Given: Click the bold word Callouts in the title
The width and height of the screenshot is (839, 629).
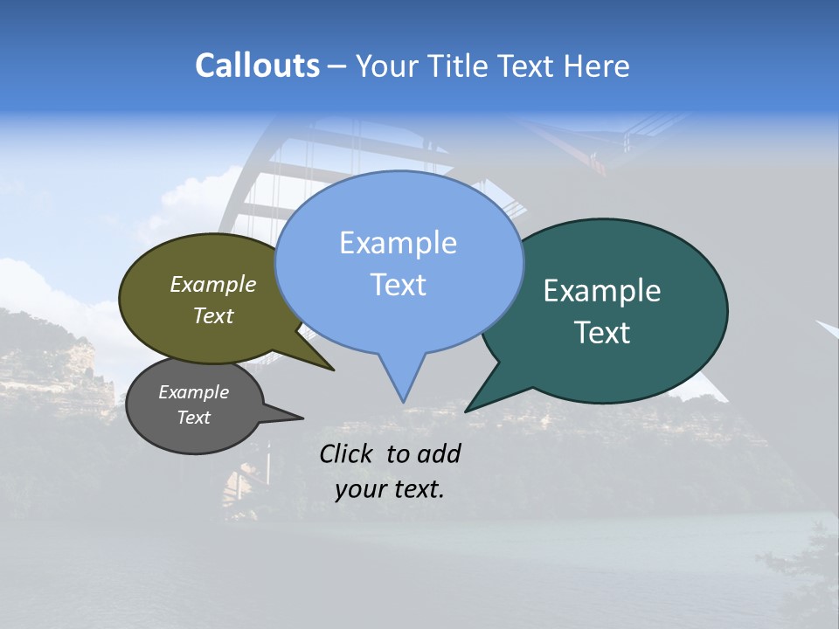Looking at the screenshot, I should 257,66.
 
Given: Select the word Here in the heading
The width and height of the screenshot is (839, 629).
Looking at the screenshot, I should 598,66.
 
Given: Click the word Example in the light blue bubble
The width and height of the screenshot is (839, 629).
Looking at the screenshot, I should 398,243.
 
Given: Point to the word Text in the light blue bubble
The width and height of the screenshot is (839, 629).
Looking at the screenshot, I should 398,285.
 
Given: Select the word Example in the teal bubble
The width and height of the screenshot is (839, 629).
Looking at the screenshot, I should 601,291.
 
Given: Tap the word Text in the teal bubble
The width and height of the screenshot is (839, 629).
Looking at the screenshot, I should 602,333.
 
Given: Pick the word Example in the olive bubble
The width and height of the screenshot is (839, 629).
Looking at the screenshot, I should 212,285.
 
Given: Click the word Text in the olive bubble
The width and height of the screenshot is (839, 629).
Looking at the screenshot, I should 212,316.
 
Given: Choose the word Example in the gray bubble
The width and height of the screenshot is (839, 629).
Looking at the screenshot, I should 193,392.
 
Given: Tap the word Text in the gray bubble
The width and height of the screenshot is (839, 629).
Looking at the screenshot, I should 193,418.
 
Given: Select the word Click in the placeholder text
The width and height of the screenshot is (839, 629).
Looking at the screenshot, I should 348,453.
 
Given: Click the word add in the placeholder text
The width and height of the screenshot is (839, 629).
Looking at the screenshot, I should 438,453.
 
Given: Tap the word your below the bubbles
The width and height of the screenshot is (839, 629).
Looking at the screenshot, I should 360,489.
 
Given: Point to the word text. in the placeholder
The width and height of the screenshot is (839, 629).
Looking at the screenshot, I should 416,489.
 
